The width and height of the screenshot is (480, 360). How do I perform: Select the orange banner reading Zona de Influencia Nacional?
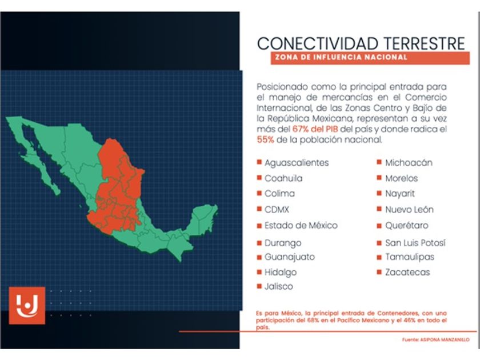click(370, 58)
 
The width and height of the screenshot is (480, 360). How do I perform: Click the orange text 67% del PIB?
click(315, 129)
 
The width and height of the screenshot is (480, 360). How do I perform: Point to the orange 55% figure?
click(265, 139)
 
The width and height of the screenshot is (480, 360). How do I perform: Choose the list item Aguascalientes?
click(297, 163)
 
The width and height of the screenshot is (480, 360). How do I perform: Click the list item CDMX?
click(277, 210)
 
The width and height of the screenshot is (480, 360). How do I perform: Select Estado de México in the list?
click(301, 226)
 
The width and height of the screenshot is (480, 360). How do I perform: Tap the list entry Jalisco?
click(279, 286)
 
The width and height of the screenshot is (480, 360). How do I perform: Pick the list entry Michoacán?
click(409, 162)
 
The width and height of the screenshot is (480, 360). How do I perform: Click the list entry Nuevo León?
click(409, 210)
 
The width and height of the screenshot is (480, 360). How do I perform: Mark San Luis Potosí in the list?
click(415, 243)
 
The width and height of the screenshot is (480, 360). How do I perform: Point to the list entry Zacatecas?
click(407, 272)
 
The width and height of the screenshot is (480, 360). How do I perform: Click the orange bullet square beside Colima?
click(259, 193)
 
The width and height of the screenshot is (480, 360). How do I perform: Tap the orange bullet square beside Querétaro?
click(379, 226)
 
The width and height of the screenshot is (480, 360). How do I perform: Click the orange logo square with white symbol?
click(27, 306)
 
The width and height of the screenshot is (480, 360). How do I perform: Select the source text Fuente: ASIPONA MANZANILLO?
click(435, 340)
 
